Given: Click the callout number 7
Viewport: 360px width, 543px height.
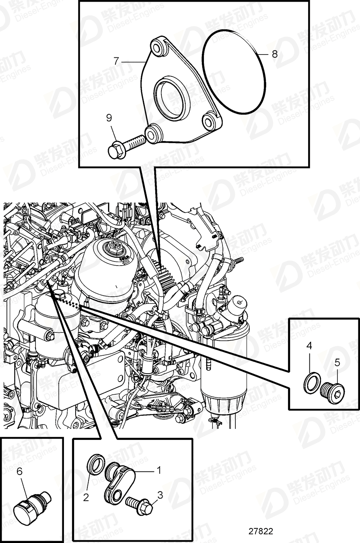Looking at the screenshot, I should coord(116,61).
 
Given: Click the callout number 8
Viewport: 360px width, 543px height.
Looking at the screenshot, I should coord(275,54).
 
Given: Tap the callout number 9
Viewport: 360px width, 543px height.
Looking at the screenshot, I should coord(109,118).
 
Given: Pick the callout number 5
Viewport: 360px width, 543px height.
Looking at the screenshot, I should coord(337,362).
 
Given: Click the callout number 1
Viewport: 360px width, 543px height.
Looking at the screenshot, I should coord(159,470).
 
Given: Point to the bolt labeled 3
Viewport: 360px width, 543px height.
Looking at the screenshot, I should coord(140,503).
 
